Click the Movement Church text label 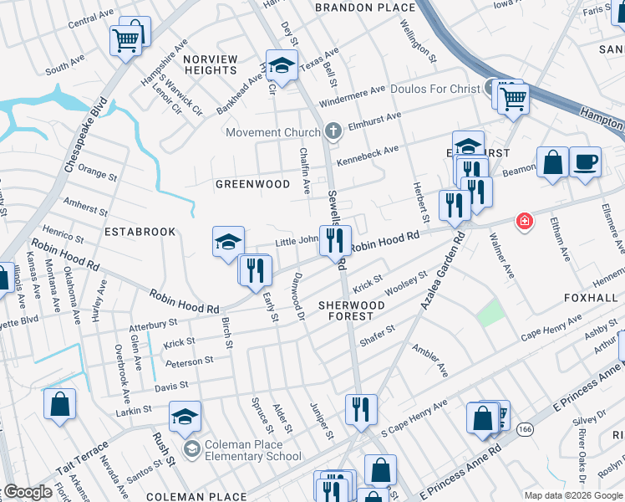click(272, 132)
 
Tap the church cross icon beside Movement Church click(333, 131)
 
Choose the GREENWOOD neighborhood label click(252, 184)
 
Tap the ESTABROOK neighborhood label click(140, 231)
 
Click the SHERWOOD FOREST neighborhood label click(351, 311)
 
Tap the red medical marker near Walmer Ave click(524, 221)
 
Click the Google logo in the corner click(28, 492)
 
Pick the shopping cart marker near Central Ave click(125, 38)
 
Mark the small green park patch click(490, 313)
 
